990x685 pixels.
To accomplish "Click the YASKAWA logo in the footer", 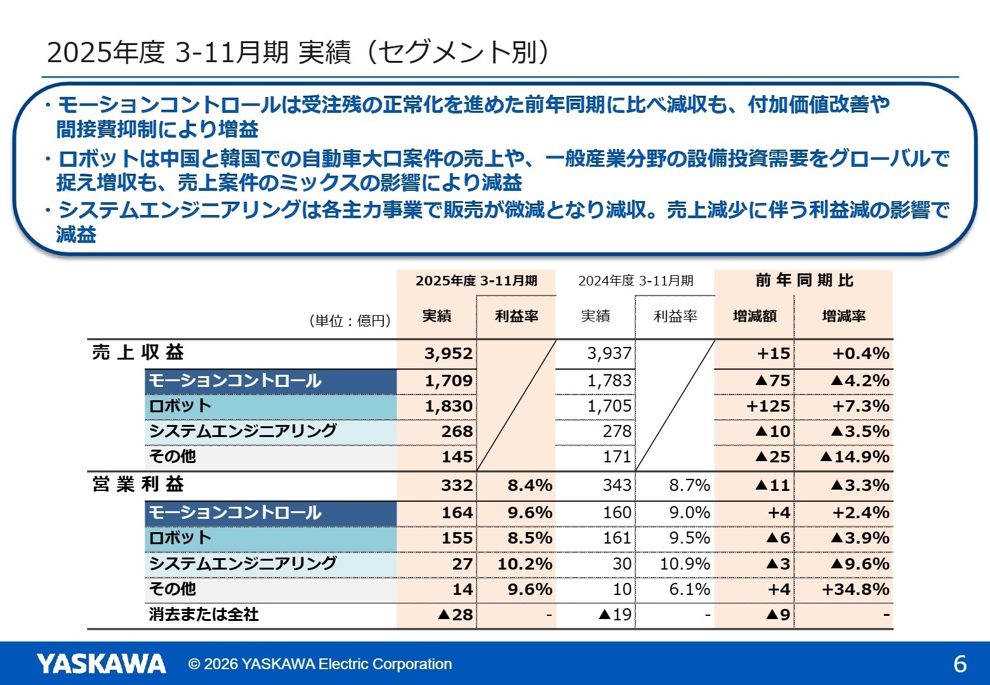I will pos(101,663).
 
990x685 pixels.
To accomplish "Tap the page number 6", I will pos(960,664).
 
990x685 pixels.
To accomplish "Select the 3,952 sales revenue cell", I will pos(448,353).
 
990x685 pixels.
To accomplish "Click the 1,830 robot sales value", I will pos(448,406).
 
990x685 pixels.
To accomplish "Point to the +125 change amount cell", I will pos(768,406).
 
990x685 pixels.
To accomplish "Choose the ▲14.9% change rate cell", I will pos(854,457).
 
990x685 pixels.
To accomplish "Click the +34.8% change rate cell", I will pos(855,589).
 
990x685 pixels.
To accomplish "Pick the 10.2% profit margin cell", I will pos(524,564).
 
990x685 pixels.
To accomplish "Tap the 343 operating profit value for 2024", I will pos(617,486).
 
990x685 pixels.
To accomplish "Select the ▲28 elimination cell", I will pos(455,615).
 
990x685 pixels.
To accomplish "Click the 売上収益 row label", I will pos(138,353).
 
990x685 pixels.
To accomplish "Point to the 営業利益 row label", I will pos(138,485).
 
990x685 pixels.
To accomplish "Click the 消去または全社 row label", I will pos(204,615).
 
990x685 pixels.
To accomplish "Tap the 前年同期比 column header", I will pos(804,280).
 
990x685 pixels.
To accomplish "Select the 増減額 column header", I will pos(755,316).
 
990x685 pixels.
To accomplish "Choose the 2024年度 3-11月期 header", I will pos(635,281).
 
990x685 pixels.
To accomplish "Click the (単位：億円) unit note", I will pos(350,321).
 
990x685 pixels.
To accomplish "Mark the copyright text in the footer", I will pos(320,664).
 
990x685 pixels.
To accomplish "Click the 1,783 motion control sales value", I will pos(609,381).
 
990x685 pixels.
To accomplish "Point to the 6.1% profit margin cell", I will pos(689,589).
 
